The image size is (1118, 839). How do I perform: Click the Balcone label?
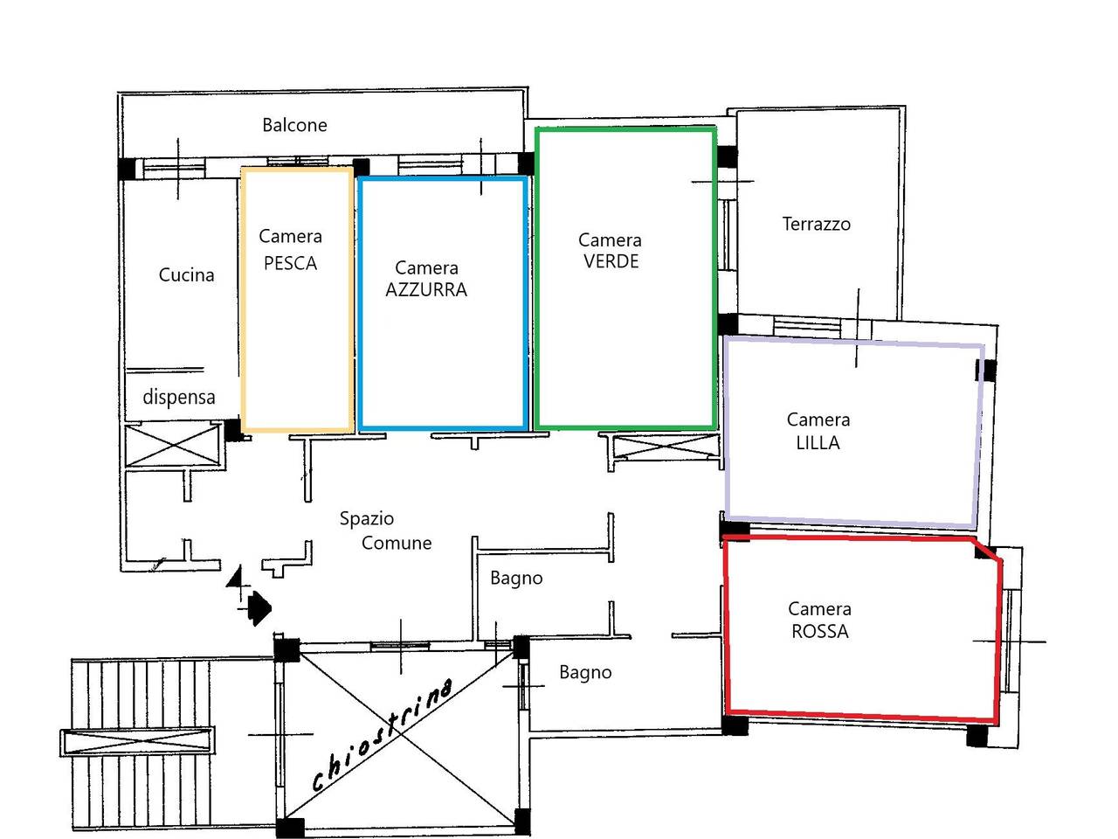pos(294,125)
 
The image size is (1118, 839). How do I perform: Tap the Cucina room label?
pos(186,274)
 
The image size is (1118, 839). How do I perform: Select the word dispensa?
pos(178,397)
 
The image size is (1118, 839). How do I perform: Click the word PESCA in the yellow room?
pos(290,263)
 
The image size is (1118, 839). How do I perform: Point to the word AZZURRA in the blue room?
pos(426,289)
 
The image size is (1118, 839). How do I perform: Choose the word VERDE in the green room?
pos(611,261)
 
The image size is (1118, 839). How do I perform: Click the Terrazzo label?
pos(816,224)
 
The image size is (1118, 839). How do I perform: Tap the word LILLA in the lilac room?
pos(818,442)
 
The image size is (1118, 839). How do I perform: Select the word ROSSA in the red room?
pos(819,631)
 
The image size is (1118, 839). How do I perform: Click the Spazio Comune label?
pos(385,530)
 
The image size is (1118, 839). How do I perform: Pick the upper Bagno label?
pos(516,578)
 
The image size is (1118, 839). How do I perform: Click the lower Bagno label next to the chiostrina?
pos(585,672)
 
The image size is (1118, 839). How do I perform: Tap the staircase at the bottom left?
pos(140,743)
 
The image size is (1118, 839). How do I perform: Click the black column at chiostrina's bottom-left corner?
pos(291,827)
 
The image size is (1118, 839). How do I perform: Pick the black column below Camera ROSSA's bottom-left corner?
pos(735,725)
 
